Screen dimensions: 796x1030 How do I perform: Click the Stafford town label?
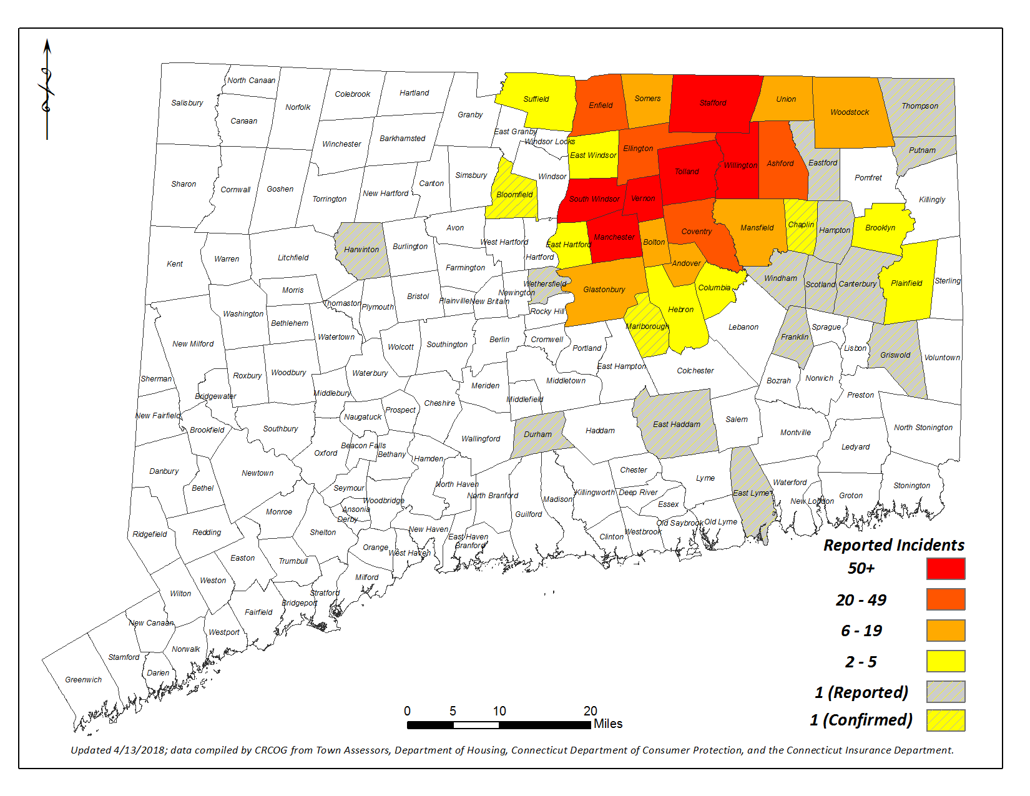pos(712,103)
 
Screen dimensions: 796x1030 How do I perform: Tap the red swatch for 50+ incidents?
pos(946,569)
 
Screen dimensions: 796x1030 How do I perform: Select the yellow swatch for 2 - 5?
pos(946,661)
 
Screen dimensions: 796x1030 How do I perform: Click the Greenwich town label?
pos(83,680)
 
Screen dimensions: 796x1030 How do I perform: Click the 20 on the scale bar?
pos(590,711)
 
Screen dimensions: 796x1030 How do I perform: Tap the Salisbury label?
pos(187,103)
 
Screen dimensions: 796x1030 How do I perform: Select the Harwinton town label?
pos(361,250)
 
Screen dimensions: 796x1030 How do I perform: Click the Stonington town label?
pos(911,486)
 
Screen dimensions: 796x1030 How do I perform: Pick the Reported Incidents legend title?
pos(893,545)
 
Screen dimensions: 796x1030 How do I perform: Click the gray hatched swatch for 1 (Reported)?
pos(946,692)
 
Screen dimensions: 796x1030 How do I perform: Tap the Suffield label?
pos(536,99)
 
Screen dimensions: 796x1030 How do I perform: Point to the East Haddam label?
pos(676,425)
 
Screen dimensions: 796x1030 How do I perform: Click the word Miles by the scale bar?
pos(607,724)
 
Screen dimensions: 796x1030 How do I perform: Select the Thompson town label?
pos(919,106)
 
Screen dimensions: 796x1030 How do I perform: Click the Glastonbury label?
pos(604,290)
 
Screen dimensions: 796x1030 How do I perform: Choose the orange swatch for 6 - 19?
pos(946,631)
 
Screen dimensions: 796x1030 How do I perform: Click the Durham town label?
pos(537,435)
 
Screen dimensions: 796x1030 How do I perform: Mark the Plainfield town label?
pos(906,283)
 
